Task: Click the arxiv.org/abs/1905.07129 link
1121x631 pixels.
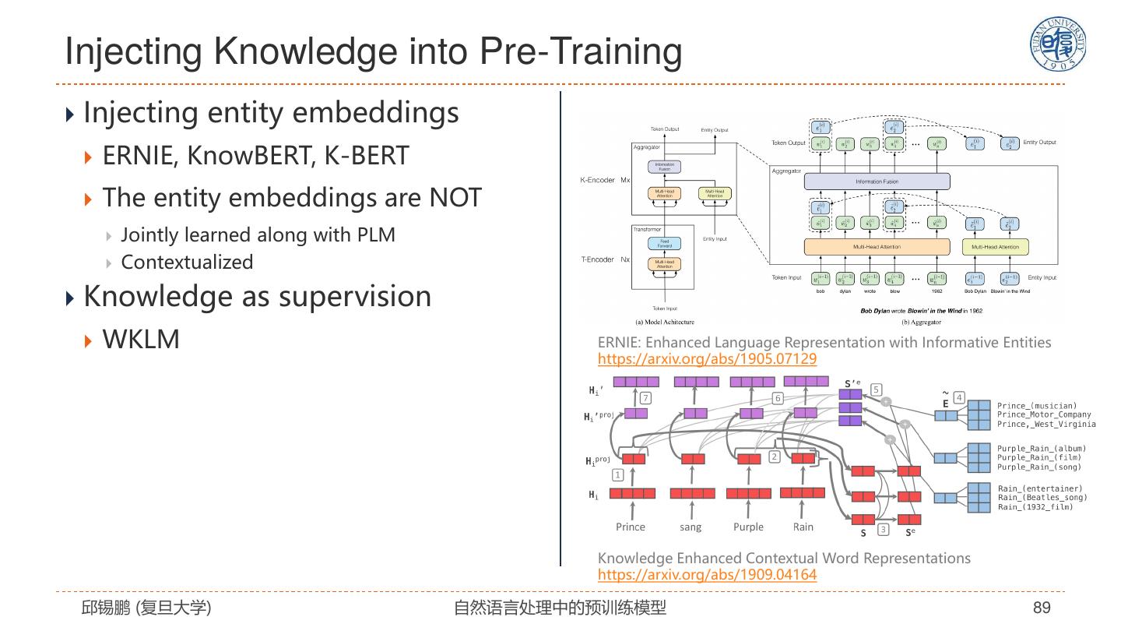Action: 707,359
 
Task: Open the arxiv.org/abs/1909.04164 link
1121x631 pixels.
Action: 707,575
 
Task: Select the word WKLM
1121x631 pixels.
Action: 141,340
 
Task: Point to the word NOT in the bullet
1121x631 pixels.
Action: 455,198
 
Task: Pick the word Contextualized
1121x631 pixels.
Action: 187,263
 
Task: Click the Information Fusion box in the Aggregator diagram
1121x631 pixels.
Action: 877,182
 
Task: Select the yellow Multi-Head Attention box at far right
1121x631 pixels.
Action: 996,247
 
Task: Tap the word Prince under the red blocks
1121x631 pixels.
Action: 631,527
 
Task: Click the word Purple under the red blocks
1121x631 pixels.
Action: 748,527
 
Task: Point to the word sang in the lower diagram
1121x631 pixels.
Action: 691,527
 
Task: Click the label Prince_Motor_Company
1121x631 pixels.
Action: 1044,415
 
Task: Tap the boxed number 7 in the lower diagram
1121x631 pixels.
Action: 645,398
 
